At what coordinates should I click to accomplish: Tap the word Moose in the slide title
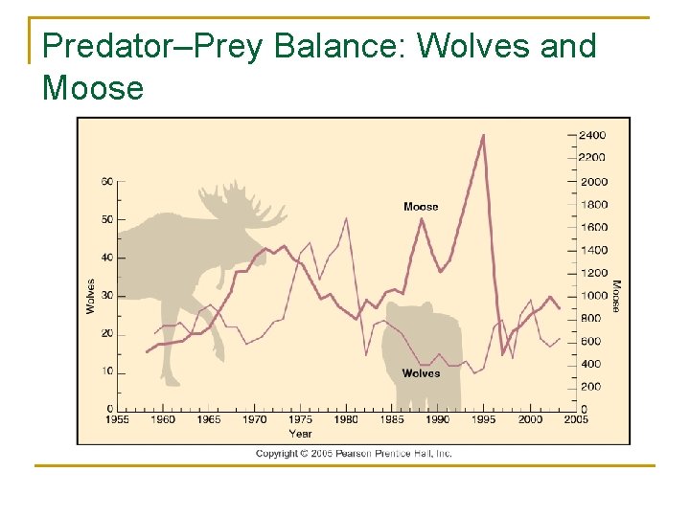[93, 88]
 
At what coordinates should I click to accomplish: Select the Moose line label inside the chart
[421, 207]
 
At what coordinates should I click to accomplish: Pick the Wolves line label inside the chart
[421, 373]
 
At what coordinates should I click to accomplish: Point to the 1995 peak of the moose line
[483, 135]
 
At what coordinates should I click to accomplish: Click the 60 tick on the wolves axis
[107, 182]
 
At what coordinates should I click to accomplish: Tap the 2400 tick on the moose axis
[591, 136]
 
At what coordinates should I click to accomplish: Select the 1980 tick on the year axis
[346, 419]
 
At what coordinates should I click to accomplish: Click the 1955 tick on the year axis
[117, 419]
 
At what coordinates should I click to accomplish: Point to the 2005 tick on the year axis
[575, 419]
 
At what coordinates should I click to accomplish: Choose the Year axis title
[300, 433]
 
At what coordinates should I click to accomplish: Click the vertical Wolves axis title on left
[91, 296]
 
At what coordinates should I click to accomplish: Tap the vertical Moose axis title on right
[616, 296]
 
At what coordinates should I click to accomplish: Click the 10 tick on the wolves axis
[107, 371]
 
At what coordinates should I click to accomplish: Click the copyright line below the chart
[354, 454]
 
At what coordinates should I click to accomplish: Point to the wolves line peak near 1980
[346, 218]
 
